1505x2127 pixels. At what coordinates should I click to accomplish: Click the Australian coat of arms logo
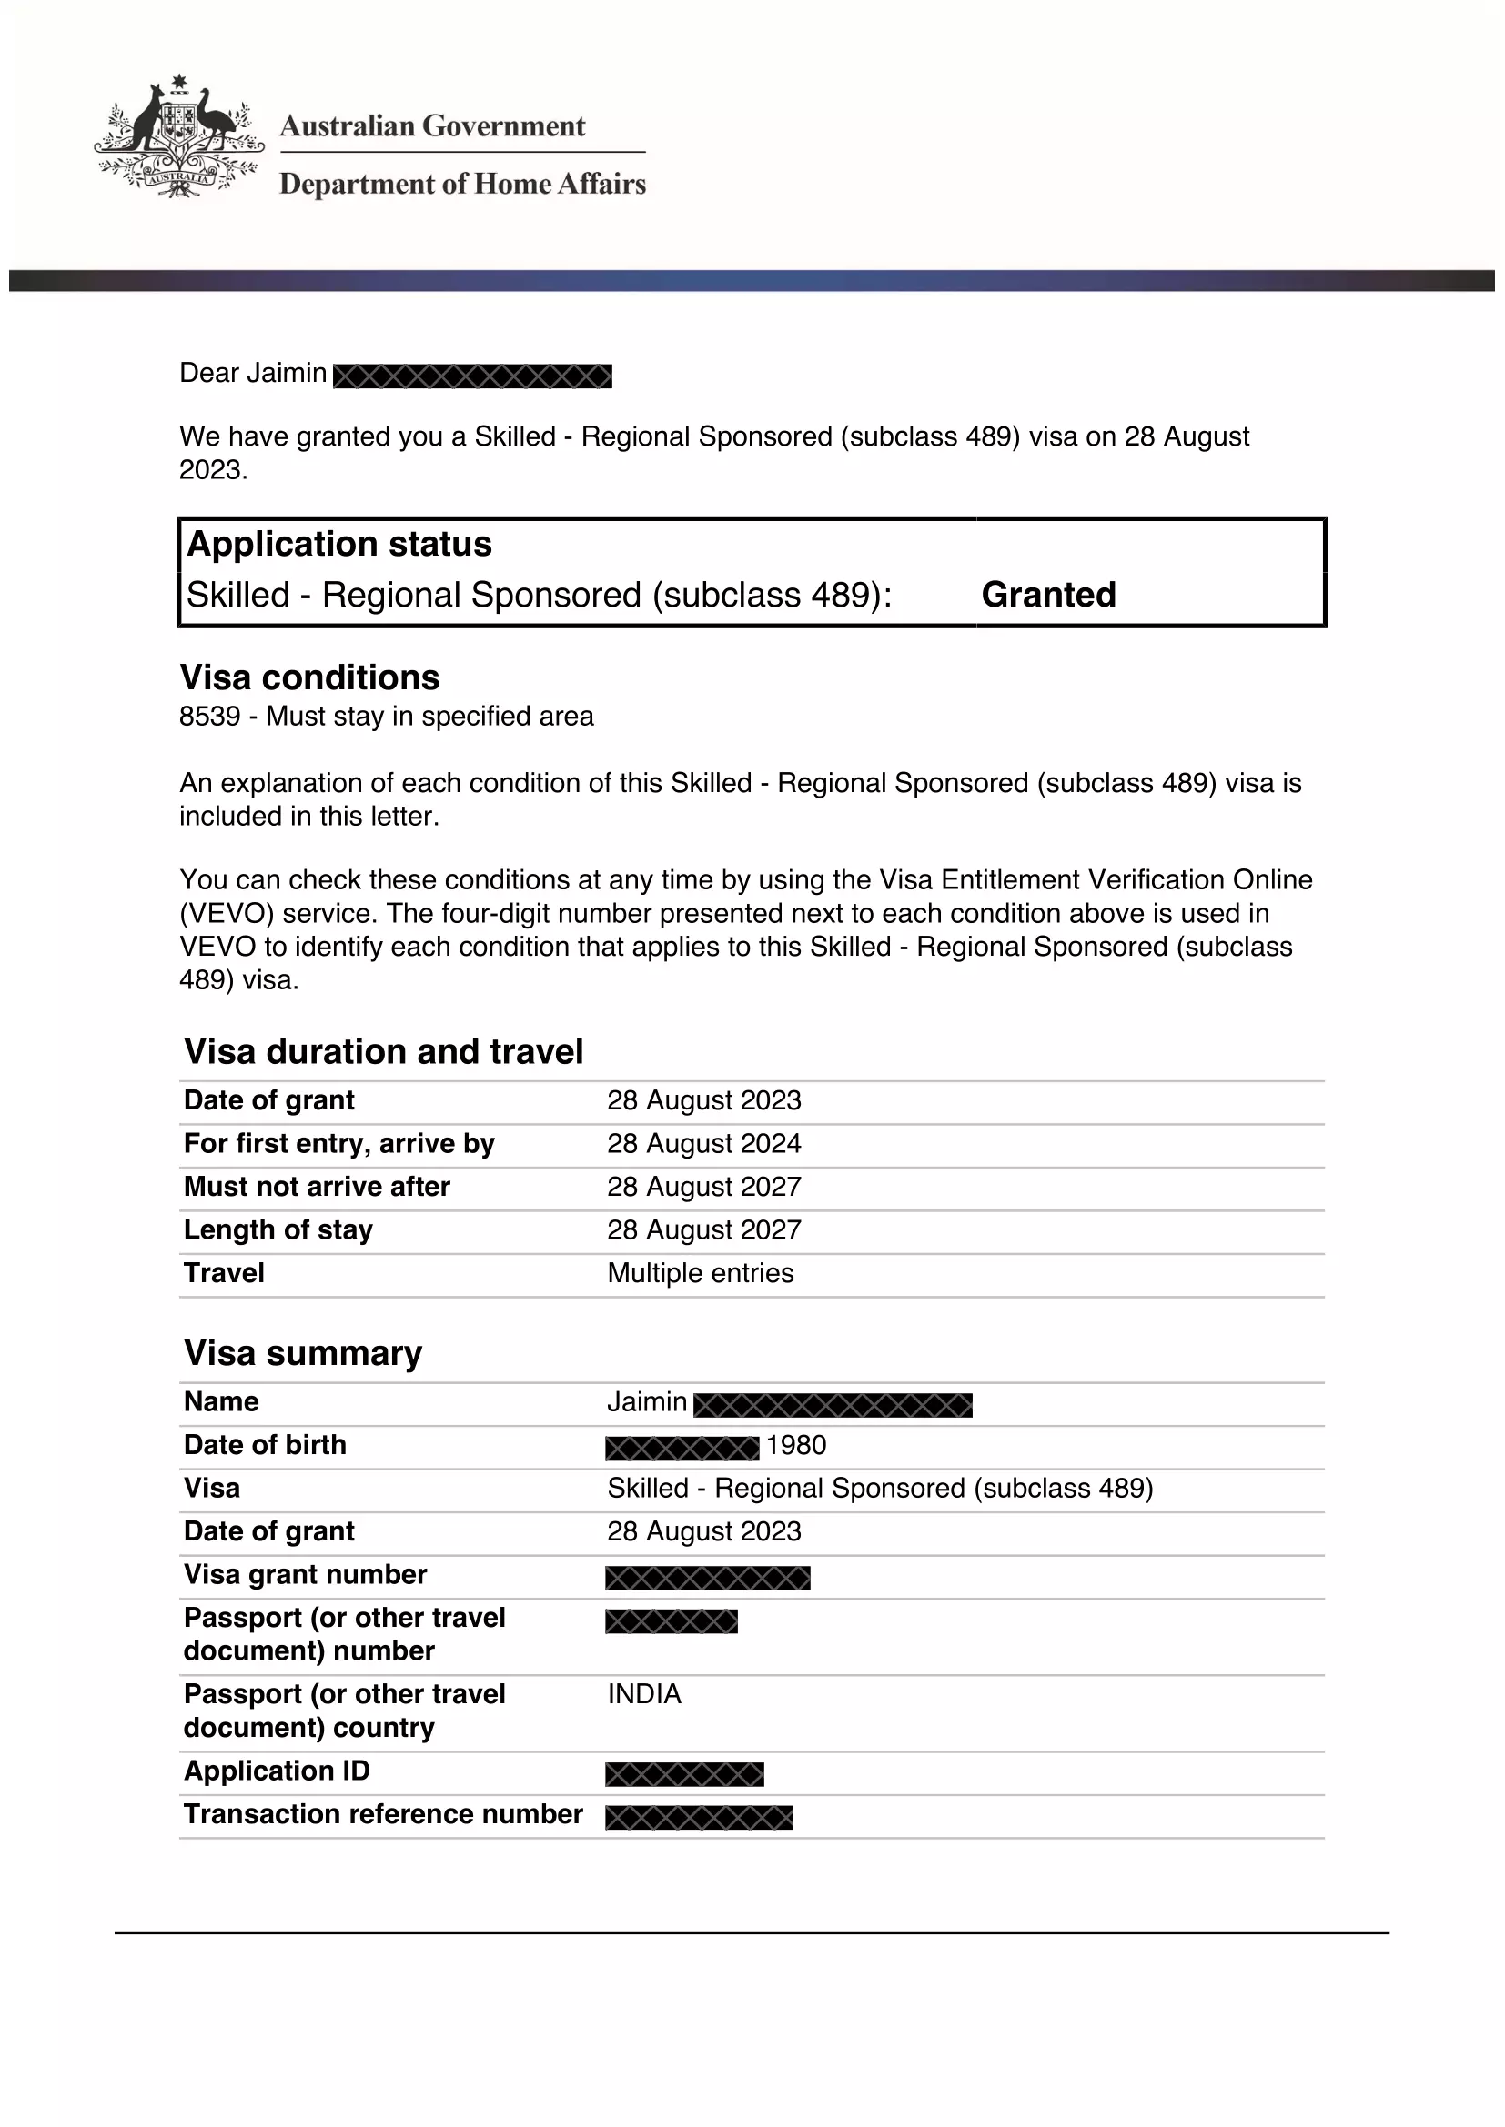[179, 137]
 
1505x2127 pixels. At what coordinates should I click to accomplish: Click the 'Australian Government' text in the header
[432, 126]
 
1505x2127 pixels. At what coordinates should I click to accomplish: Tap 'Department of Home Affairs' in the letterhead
[462, 184]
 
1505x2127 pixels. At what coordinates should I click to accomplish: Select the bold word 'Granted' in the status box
[1048, 595]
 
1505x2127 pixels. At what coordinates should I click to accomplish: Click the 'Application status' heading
[339, 544]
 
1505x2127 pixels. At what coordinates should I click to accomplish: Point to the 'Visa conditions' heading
[309, 677]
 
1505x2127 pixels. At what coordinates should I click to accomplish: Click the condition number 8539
[209, 716]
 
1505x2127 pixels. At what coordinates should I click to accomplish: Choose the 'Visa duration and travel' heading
[384, 1051]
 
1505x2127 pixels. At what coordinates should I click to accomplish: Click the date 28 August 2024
[703, 1143]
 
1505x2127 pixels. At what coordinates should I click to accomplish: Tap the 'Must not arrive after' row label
[317, 1187]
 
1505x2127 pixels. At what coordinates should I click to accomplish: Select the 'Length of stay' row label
[278, 1229]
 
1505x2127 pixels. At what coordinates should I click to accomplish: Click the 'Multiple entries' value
[701, 1273]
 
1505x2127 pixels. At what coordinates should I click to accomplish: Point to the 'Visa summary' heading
[303, 1353]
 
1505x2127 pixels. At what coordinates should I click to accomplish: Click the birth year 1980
[796, 1445]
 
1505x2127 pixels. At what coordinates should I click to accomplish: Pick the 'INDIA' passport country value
[644, 1693]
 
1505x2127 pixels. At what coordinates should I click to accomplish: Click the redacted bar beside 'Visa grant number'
[708, 1578]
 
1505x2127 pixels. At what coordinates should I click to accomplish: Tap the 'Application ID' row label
[278, 1771]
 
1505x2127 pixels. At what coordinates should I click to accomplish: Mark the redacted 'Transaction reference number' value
[700, 1818]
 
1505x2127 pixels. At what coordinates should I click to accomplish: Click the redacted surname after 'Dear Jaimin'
[472, 376]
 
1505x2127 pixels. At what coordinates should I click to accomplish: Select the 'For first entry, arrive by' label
[339, 1143]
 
